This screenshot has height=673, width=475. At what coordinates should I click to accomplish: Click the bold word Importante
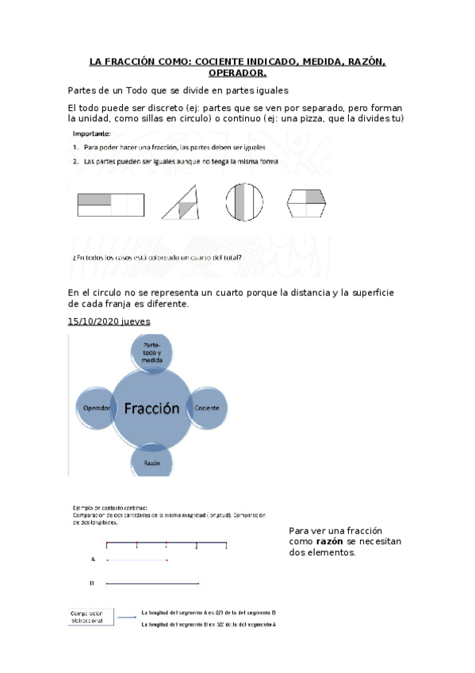92,133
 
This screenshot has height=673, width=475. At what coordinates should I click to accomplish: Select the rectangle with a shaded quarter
110,205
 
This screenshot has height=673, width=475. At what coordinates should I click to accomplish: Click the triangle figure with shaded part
182,202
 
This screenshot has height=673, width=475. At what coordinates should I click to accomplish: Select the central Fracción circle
152,410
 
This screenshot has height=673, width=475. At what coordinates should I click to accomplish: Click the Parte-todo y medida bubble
152,353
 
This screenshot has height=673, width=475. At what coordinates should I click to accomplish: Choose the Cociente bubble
212,407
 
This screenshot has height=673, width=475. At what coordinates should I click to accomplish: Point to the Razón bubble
152,460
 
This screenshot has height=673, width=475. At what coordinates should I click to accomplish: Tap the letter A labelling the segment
93,560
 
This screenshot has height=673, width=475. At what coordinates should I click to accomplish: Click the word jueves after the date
135,321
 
